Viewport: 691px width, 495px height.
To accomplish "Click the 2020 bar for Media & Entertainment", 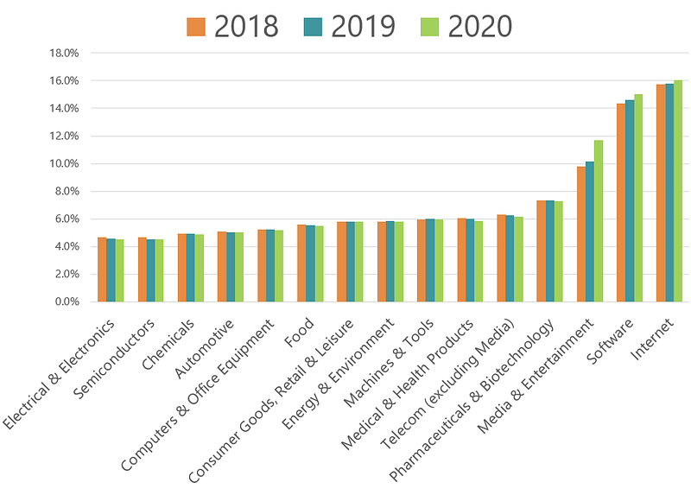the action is [599, 221].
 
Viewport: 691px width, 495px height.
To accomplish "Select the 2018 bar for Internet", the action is [661, 193].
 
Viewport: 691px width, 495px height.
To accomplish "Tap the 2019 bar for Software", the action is [630, 201].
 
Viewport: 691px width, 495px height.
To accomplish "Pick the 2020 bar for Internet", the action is [678, 191].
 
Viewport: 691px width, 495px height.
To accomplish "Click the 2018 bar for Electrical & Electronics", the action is [102, 270].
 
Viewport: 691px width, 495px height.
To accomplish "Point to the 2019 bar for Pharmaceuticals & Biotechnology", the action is [550, 251].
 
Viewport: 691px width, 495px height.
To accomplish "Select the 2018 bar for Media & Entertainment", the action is [581, 234].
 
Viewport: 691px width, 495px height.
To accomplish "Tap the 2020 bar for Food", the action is [319, 264].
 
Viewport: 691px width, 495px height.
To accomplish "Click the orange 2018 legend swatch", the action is [196, 27].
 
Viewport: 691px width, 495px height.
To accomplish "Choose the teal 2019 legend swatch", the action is [313, 27].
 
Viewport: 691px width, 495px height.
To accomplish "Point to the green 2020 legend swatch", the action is [429, 27].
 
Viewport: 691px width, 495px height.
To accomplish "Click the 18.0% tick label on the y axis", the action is [64, 54].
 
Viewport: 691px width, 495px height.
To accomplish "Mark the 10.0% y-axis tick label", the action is [64, 164].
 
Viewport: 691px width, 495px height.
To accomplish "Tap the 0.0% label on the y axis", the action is [67, 302].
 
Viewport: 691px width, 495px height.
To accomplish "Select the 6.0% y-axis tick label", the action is [67, 219].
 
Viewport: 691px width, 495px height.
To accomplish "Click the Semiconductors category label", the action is [114, 359].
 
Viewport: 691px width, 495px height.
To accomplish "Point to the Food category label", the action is [299, 332].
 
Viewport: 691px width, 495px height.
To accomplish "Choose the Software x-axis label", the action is [610, 341].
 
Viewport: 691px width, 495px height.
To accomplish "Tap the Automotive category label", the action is [204, 349].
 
